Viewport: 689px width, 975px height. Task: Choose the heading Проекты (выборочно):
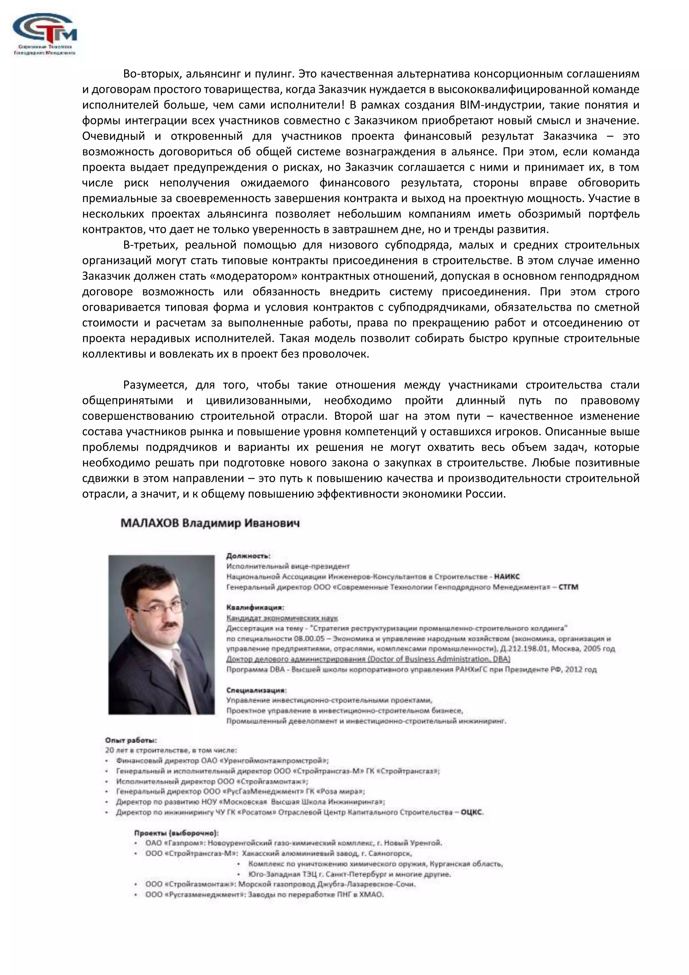click(176, 833)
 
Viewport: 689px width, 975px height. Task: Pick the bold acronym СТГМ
click(568, 587)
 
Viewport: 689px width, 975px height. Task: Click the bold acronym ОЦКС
click(472, 812)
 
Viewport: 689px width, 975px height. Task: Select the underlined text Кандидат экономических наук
click(282, 618)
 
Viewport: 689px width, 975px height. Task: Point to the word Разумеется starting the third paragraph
click(154, 385)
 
